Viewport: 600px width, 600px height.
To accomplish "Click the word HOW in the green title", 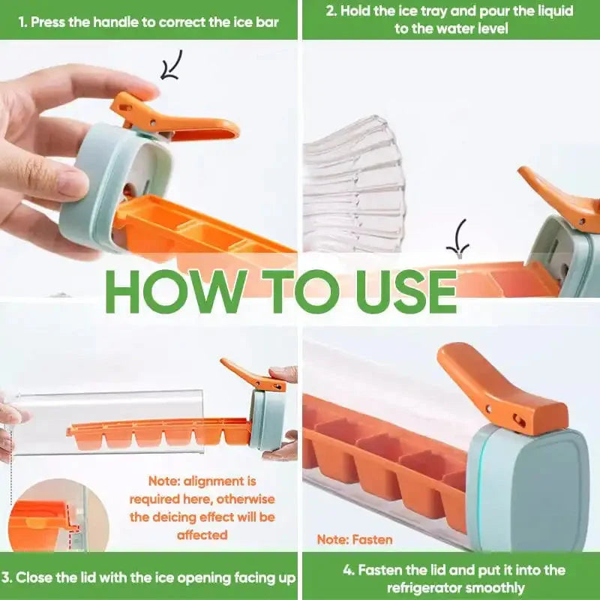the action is click(x=176, y=291).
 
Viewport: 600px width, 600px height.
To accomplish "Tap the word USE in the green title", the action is click(x=405, y=291).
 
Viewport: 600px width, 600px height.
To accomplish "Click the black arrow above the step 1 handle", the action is click(x=171, y=65).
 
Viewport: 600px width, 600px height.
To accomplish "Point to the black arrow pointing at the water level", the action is click(x=459, y=238).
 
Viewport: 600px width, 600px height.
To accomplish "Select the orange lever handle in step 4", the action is click(x=497, y=388).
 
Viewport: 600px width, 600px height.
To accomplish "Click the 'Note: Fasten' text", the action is click(x=355, y=539).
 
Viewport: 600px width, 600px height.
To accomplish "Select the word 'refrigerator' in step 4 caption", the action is click(x=427, y=587).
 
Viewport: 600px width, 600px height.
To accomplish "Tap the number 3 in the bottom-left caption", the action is click(x=5, y=577).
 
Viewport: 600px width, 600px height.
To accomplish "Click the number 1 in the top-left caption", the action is click(x=22, y=22).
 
